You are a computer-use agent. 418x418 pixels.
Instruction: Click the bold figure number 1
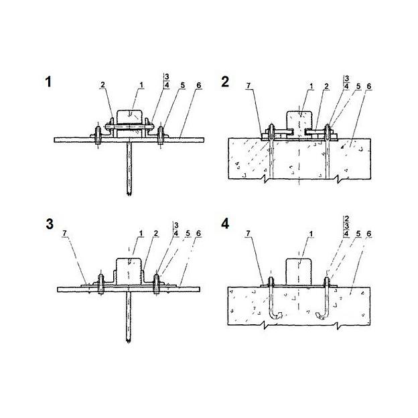48,82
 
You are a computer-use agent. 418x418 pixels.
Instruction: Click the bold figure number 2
225,82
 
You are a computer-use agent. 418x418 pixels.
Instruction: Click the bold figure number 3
50,224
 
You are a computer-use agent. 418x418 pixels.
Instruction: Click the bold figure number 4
225,223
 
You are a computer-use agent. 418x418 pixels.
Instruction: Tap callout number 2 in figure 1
102,85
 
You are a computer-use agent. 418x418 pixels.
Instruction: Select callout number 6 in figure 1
198,85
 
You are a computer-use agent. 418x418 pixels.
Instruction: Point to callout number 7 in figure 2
249,86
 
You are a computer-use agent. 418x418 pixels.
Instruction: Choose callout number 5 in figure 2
358,86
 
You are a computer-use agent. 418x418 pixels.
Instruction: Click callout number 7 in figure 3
64,234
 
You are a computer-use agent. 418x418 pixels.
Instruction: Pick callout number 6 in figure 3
198,234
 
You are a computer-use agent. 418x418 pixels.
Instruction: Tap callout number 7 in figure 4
248,234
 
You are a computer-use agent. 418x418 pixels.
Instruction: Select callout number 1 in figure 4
311,234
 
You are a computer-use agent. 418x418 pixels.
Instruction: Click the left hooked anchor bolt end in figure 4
276,316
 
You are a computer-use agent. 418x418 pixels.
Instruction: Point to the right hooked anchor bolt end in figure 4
322,316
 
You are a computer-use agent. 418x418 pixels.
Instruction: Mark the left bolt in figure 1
98,135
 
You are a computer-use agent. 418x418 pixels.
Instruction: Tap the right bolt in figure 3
156,284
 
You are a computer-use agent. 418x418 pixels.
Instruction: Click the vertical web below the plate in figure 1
129,169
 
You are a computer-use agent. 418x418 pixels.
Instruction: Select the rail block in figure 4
299,271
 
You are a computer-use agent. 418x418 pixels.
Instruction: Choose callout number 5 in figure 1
183,85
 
